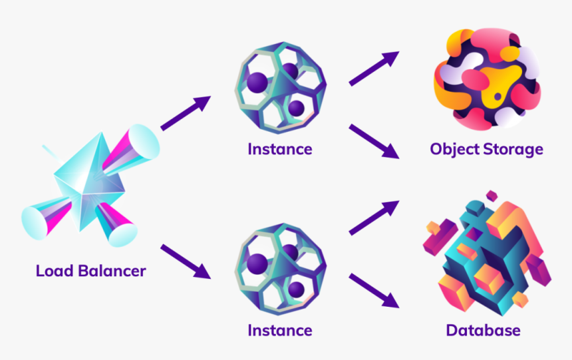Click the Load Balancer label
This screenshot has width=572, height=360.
[90, 271]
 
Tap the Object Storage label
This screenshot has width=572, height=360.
[486, 149]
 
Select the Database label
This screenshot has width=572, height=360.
[483, 330]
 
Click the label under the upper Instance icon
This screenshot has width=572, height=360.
[279, 149]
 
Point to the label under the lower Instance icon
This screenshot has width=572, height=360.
[279, 330]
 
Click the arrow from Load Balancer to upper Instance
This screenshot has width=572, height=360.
[186, 112]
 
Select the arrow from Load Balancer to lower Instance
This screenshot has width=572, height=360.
[186, 261]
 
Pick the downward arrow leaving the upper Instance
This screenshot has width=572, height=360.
[374, 140]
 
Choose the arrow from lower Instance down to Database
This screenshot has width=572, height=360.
[374, 290]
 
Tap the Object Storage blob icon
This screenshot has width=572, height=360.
[486, 80]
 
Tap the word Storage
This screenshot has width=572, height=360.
[514, 149]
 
